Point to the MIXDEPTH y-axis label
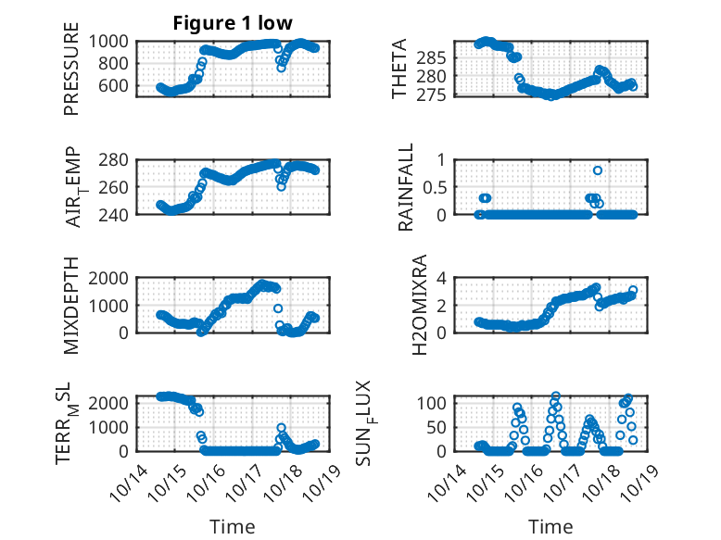coord(71,305)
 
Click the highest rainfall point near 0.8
coord(598,170)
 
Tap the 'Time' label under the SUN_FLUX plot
coord(550,527)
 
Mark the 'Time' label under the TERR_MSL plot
coord(232,527)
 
